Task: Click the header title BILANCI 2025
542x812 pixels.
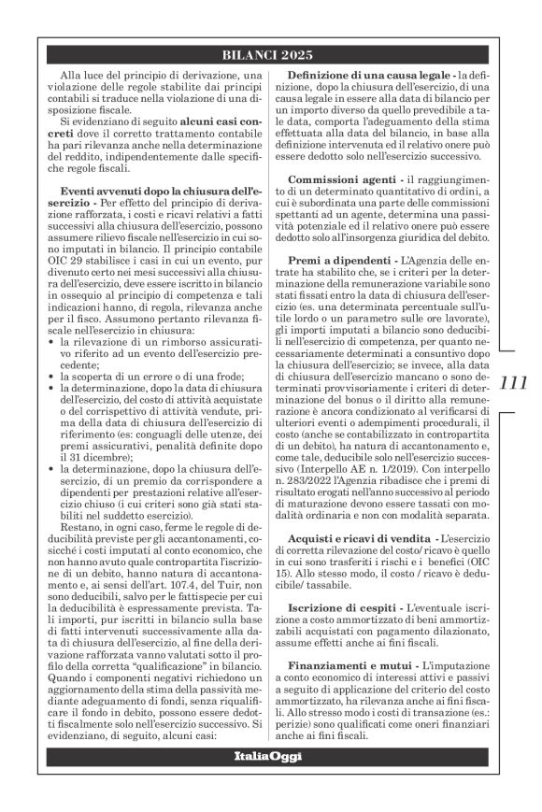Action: point(270,54)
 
